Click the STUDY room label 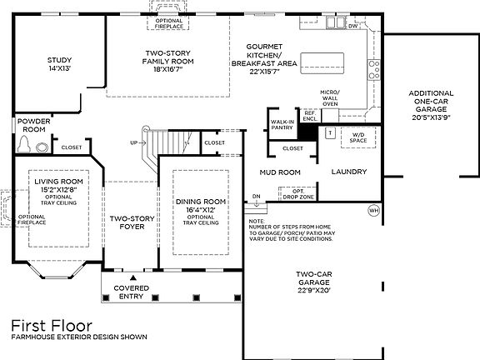click(59, 64)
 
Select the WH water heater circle click(372, 211)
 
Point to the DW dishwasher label click(352, 26)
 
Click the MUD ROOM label click(280, 172)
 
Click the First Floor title click(51, 324)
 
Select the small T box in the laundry click(330, 132)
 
